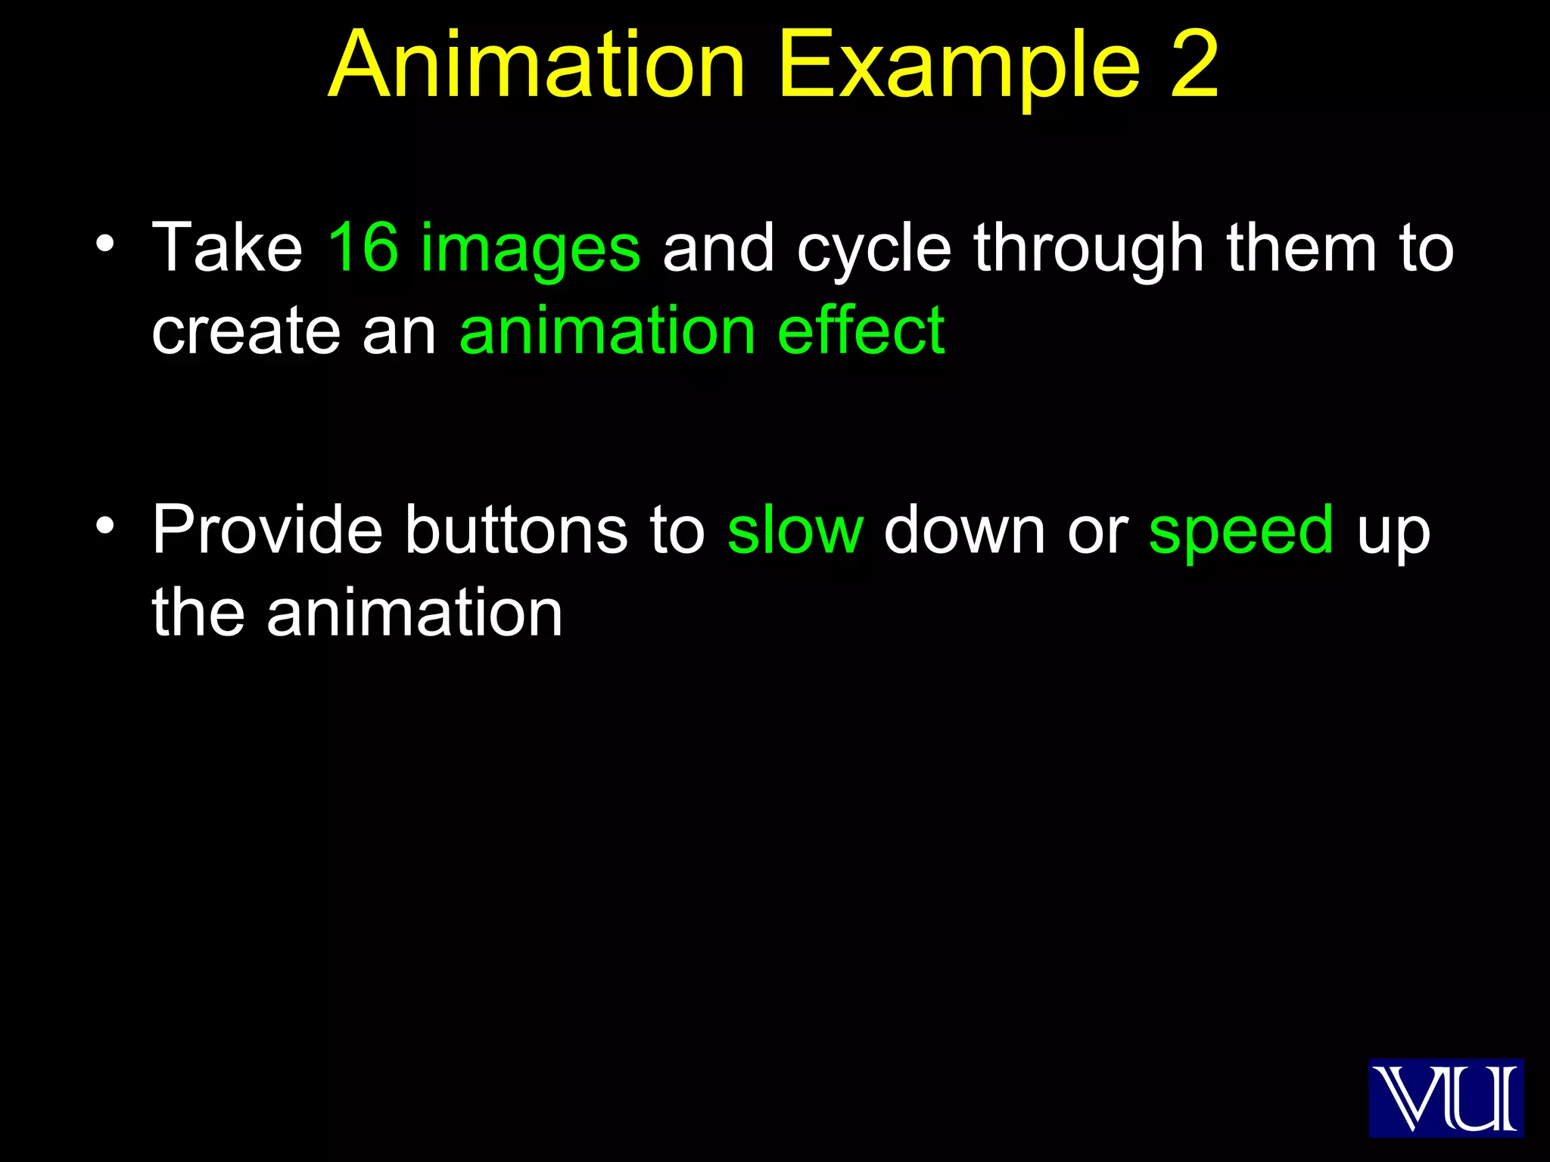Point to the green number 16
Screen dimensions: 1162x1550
363,247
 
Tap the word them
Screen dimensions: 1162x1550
1301,247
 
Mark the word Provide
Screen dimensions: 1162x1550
267,529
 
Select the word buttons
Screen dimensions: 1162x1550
515,529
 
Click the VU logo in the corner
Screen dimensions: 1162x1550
1446,1097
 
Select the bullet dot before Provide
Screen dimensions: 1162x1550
105,524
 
